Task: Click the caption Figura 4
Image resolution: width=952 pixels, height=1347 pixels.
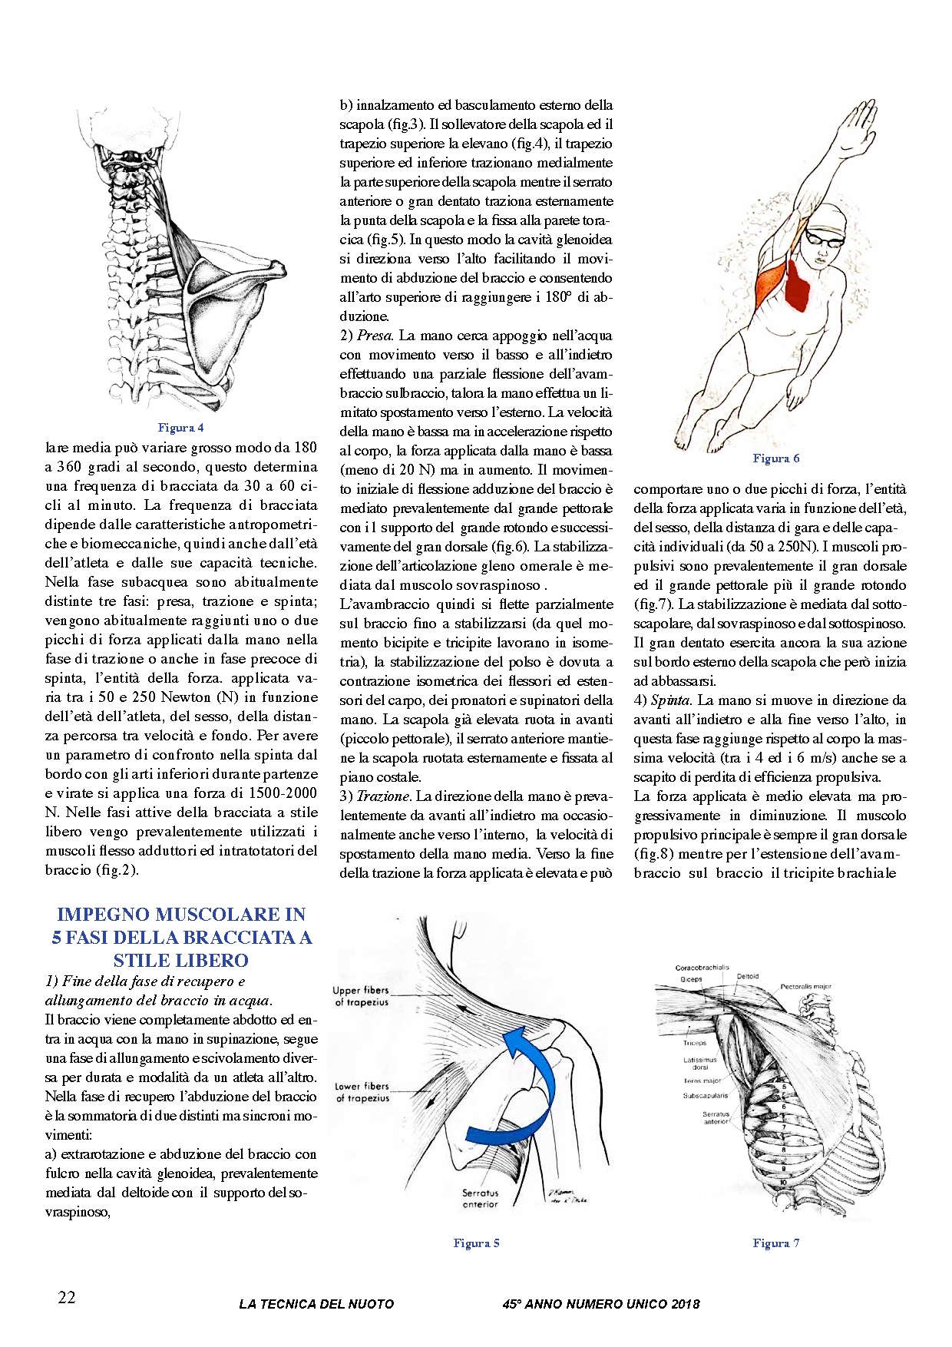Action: click(180, 428)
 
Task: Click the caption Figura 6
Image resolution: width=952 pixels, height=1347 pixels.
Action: click(775, 458)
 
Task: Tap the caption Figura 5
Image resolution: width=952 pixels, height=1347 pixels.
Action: click(476, 1243)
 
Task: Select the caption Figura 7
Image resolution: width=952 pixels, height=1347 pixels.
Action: click(775, 1243)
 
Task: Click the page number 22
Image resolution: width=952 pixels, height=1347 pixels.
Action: click(67, 1297)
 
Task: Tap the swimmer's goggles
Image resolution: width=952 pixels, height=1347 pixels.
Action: click(825, 237)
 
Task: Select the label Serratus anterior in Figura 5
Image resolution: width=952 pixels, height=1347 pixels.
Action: click(480, 1199)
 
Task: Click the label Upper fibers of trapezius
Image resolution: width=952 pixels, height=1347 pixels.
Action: click(362, 996)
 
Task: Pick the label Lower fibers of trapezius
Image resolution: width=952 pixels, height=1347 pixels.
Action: click(362, 1092)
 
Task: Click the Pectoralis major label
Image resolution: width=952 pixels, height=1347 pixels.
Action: click(805, 987)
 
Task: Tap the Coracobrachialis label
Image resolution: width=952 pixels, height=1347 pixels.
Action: click(702, 968)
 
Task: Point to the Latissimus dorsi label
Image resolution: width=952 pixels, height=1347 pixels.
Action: click(699, 1064)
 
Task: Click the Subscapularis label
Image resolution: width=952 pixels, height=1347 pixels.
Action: click(705, 1096)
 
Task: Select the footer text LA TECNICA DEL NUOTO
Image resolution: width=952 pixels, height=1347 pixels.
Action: click(316, 1304)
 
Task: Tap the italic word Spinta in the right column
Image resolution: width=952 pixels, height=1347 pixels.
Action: click(671, 700)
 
